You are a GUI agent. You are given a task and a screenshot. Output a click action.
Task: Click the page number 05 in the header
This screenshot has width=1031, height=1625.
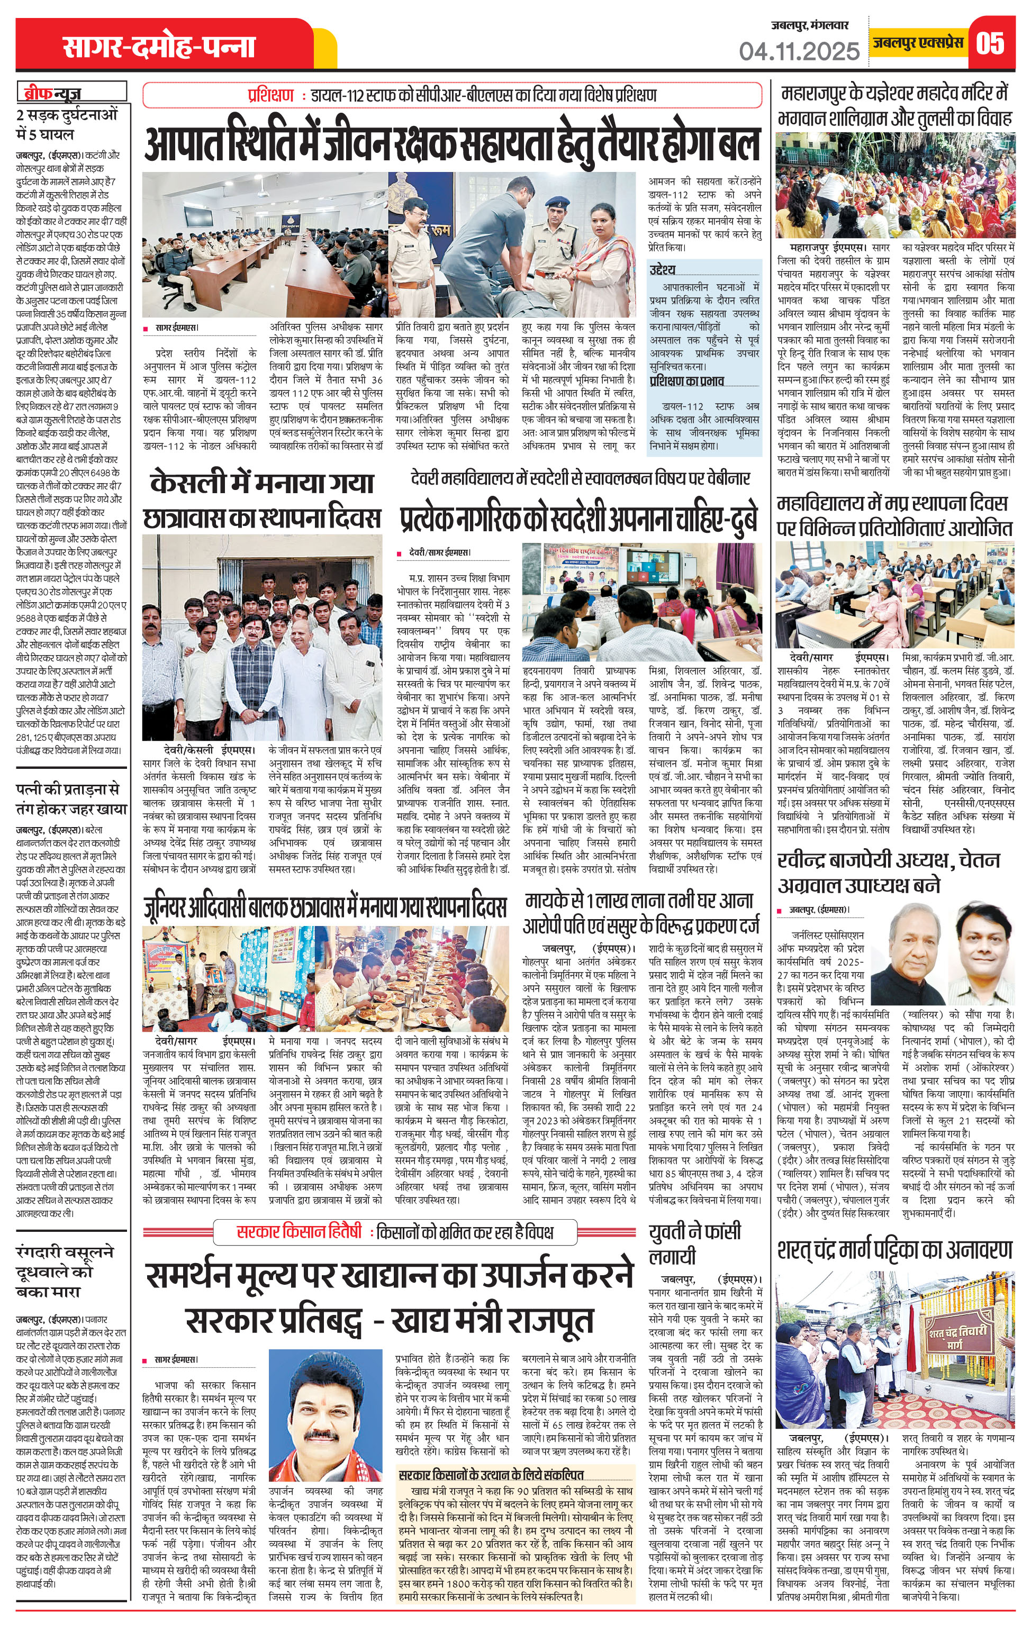990,44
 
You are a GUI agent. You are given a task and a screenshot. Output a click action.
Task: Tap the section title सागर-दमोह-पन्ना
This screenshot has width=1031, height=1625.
159,47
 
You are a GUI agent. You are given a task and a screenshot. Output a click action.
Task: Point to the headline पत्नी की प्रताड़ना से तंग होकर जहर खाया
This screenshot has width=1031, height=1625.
71,798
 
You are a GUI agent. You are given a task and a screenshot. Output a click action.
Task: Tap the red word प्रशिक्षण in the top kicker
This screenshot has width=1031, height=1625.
270,95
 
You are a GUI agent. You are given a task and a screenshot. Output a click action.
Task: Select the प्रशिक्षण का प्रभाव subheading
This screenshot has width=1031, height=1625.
686,380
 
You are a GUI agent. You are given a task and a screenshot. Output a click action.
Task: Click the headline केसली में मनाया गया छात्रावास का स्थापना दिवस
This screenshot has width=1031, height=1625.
262,500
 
